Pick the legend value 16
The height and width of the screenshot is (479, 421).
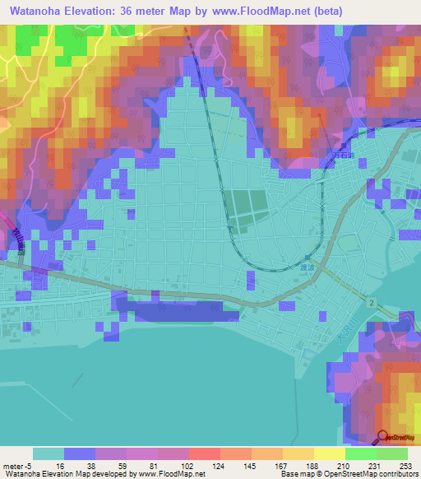(x=49, y=467)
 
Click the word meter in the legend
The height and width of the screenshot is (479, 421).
(x=14, y=467)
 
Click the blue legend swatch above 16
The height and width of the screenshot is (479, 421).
(x=80, y=454)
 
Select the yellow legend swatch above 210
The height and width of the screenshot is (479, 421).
(x=330, y=454)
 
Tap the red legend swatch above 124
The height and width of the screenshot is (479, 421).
(x=205, y=454)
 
